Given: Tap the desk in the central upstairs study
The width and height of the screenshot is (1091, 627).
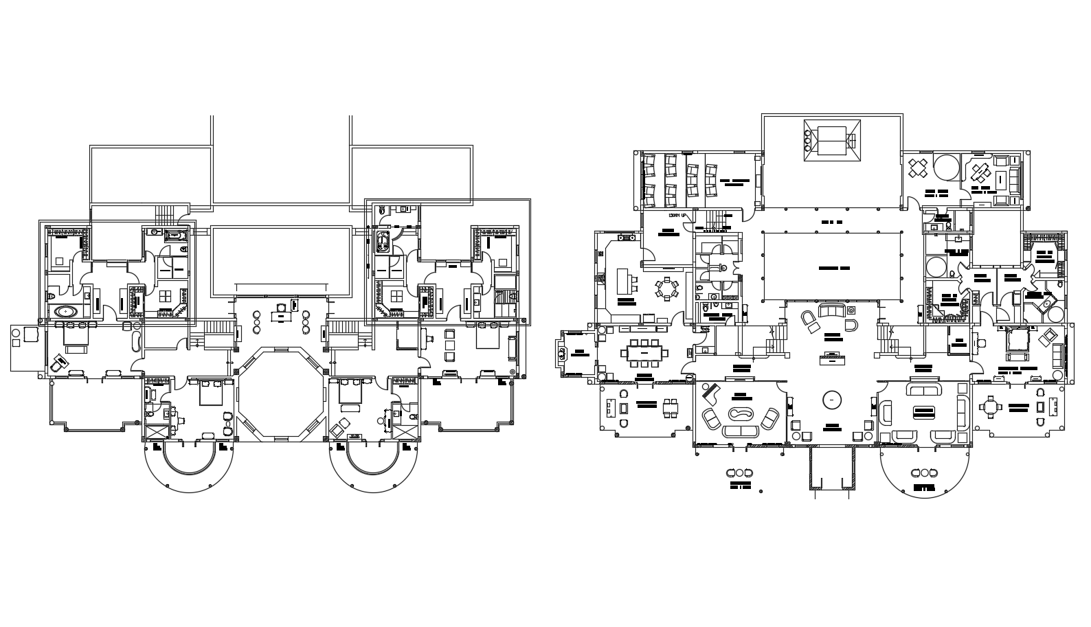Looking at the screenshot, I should [x=280, y=316].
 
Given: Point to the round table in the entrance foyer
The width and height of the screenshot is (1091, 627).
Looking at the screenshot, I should [x=832, y=398].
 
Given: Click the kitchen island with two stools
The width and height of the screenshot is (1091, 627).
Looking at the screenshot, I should [x=625, y=280].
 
